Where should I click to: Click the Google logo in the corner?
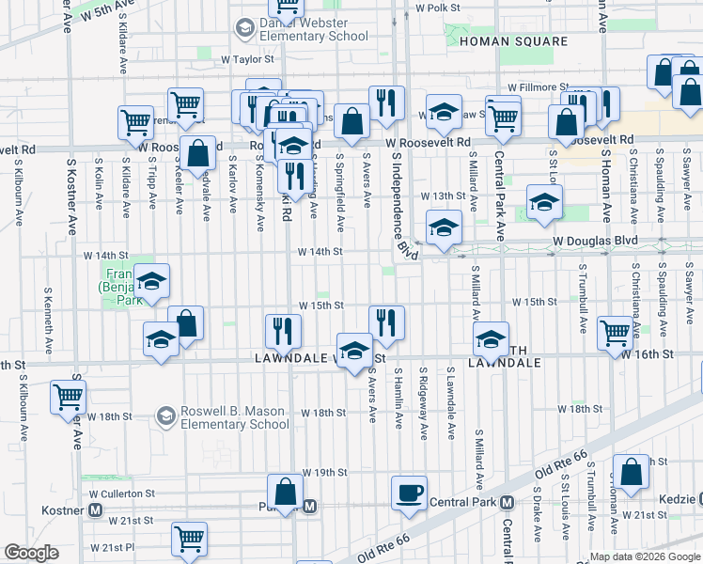[x=32, y=553]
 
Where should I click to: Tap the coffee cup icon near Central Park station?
[x=409, y=493]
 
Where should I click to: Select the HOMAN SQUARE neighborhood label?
[x=513, y=41]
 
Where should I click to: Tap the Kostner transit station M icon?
[x=95, y=509]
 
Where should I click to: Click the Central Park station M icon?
[x=507, y=502]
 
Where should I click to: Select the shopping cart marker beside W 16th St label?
[x=615, y=332]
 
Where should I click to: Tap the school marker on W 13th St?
[x=544, y=202]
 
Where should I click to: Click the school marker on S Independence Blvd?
[x=444, y=227]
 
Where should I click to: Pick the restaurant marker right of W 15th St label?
[x=386, y=322]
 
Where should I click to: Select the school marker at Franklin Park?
[x=151, y=281]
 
